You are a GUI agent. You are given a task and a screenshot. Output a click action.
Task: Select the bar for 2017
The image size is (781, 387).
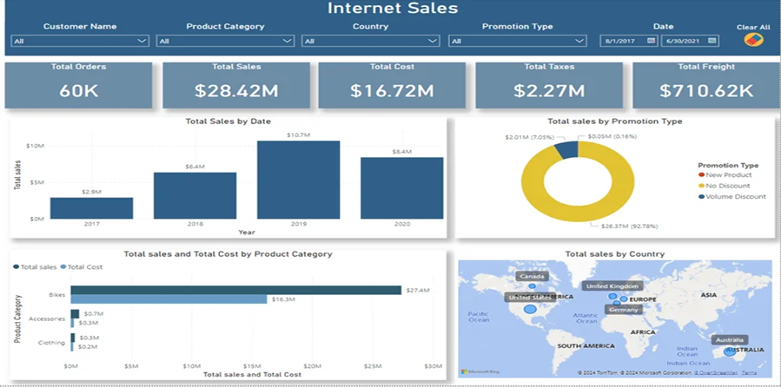click(91, 208)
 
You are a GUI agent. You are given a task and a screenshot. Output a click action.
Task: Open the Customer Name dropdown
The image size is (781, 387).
click(80, 41)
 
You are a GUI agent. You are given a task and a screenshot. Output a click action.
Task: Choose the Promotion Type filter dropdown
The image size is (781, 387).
click(517, 41)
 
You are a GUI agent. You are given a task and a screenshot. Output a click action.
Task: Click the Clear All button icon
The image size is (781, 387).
click(752, 40)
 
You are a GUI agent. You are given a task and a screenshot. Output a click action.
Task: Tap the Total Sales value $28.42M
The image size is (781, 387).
click(235, 90)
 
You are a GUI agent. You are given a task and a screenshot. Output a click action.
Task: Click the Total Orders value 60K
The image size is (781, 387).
click(78, 90)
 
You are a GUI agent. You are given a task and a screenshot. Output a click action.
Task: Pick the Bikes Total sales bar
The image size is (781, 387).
click(235, 290)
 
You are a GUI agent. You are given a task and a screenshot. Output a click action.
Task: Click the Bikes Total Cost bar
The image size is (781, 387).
click(169, 299)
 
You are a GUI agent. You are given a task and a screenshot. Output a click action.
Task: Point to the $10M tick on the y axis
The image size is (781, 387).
click(34, 146)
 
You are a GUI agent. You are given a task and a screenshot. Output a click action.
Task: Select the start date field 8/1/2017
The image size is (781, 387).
click(622, 41)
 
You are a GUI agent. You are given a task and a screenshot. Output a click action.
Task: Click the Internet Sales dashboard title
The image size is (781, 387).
click(392, 10)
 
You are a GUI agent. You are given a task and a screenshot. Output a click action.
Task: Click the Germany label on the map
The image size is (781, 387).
click(623, 310)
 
